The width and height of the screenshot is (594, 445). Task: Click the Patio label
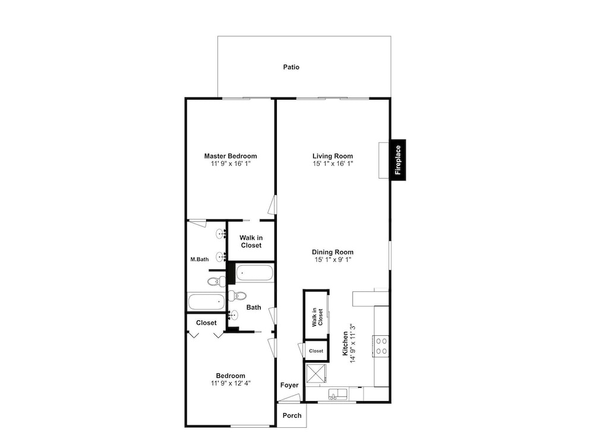tap(291, 67)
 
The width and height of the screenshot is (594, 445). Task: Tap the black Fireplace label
tap(398, 160)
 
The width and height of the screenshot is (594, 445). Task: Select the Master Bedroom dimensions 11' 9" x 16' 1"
tap(230, 164)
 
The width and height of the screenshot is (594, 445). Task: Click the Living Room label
tap(333, 156)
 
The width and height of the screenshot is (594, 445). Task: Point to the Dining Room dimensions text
tap(333, 260)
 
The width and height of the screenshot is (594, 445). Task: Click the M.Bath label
tap(199, 259)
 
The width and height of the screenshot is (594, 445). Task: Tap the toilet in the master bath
tap(217, 281)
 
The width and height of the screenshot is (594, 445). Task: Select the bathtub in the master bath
tap(207, 302)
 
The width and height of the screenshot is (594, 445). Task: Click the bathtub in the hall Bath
tap(254, 273)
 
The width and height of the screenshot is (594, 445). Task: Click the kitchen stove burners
tap(381, 347)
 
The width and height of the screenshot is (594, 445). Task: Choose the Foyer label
tap(289, 385)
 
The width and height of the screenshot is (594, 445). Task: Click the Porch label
tap(292, 415)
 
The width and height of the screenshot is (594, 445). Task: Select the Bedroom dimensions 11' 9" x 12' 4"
tap(230, 383)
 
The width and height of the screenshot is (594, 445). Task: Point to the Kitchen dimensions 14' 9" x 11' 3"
tap(353, 344)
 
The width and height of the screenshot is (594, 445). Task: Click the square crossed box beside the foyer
tap(316, 373)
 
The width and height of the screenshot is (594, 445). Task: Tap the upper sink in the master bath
tap(221, 234)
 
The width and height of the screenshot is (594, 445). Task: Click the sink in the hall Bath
tap(233, 315)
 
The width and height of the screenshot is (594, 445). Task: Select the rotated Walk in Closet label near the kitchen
tap(317, 317)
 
